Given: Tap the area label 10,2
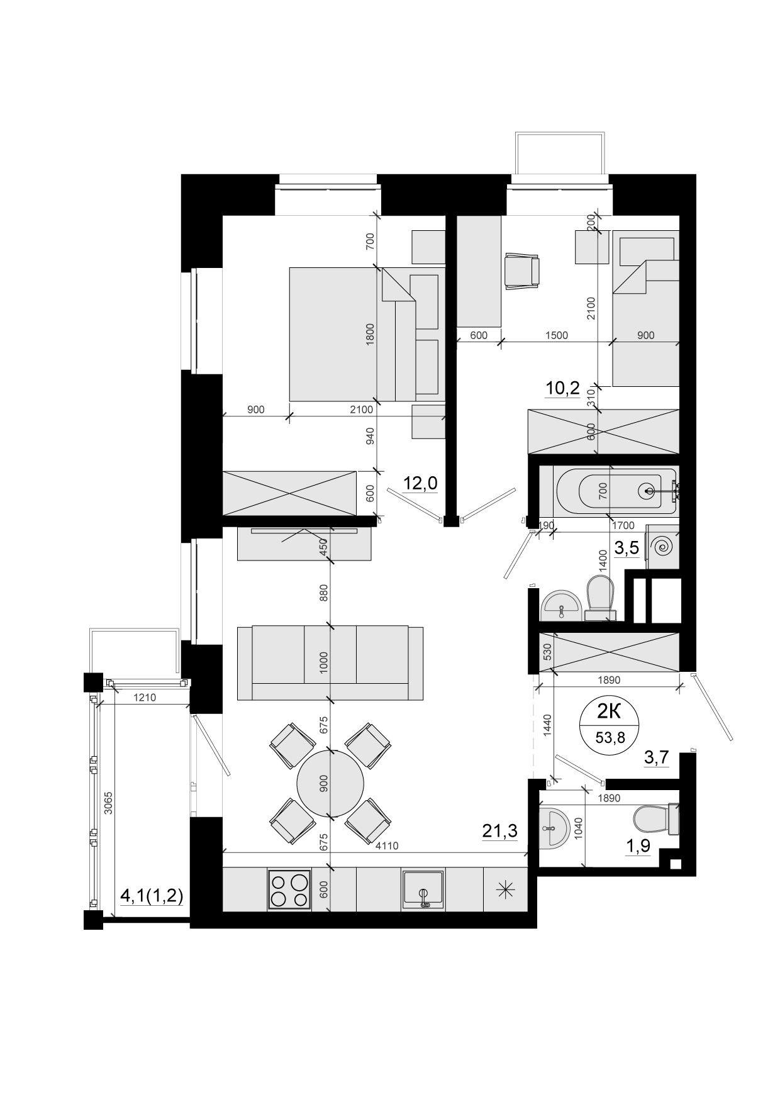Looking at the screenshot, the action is click(562, 388).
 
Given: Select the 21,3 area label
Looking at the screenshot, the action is click(499, 831).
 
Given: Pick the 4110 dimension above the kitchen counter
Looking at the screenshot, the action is click(386, 845).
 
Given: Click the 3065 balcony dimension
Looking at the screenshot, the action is click(109, 803).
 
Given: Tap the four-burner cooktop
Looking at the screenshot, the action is click(289, 889).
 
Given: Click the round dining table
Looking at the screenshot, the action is click(330, 783).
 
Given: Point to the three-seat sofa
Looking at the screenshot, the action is click(330, 662).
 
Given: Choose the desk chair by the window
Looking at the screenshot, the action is click(523, 271).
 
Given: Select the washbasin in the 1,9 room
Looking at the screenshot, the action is click(554, 828).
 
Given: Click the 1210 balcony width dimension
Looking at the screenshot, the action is click(144, 697).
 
